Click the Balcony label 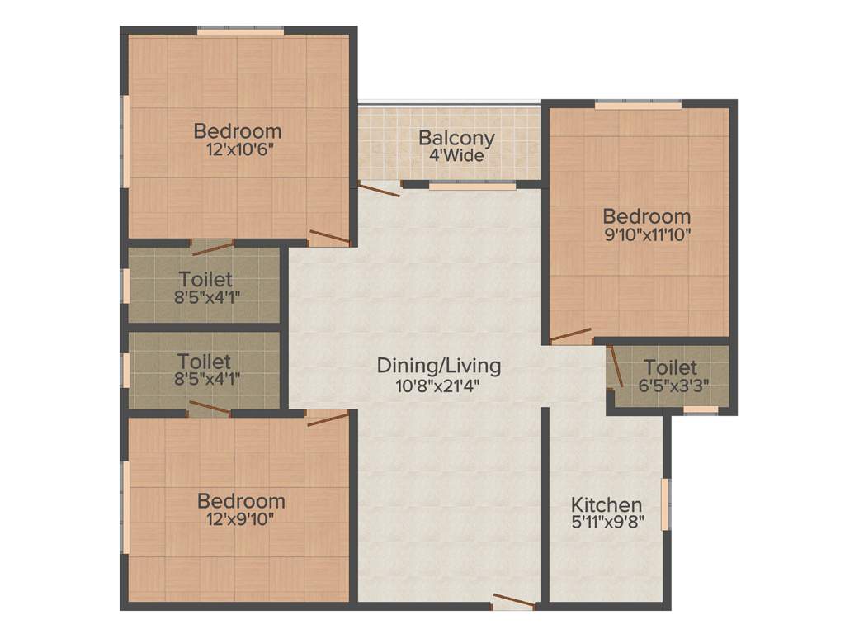(456, 138)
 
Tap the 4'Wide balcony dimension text (456, 155)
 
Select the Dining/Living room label (438, 365)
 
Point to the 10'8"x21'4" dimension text (438, 384)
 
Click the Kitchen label (607, 504)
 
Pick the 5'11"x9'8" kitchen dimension (607, 522)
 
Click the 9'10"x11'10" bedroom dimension (646, 234)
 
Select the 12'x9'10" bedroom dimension (241, 519)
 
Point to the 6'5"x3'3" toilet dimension (670, 385)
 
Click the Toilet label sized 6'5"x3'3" (670, 367)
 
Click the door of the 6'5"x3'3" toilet (615, 367)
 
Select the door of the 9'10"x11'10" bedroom (571, 335)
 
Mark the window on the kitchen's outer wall (667, 504)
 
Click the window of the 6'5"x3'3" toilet (701, 409)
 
